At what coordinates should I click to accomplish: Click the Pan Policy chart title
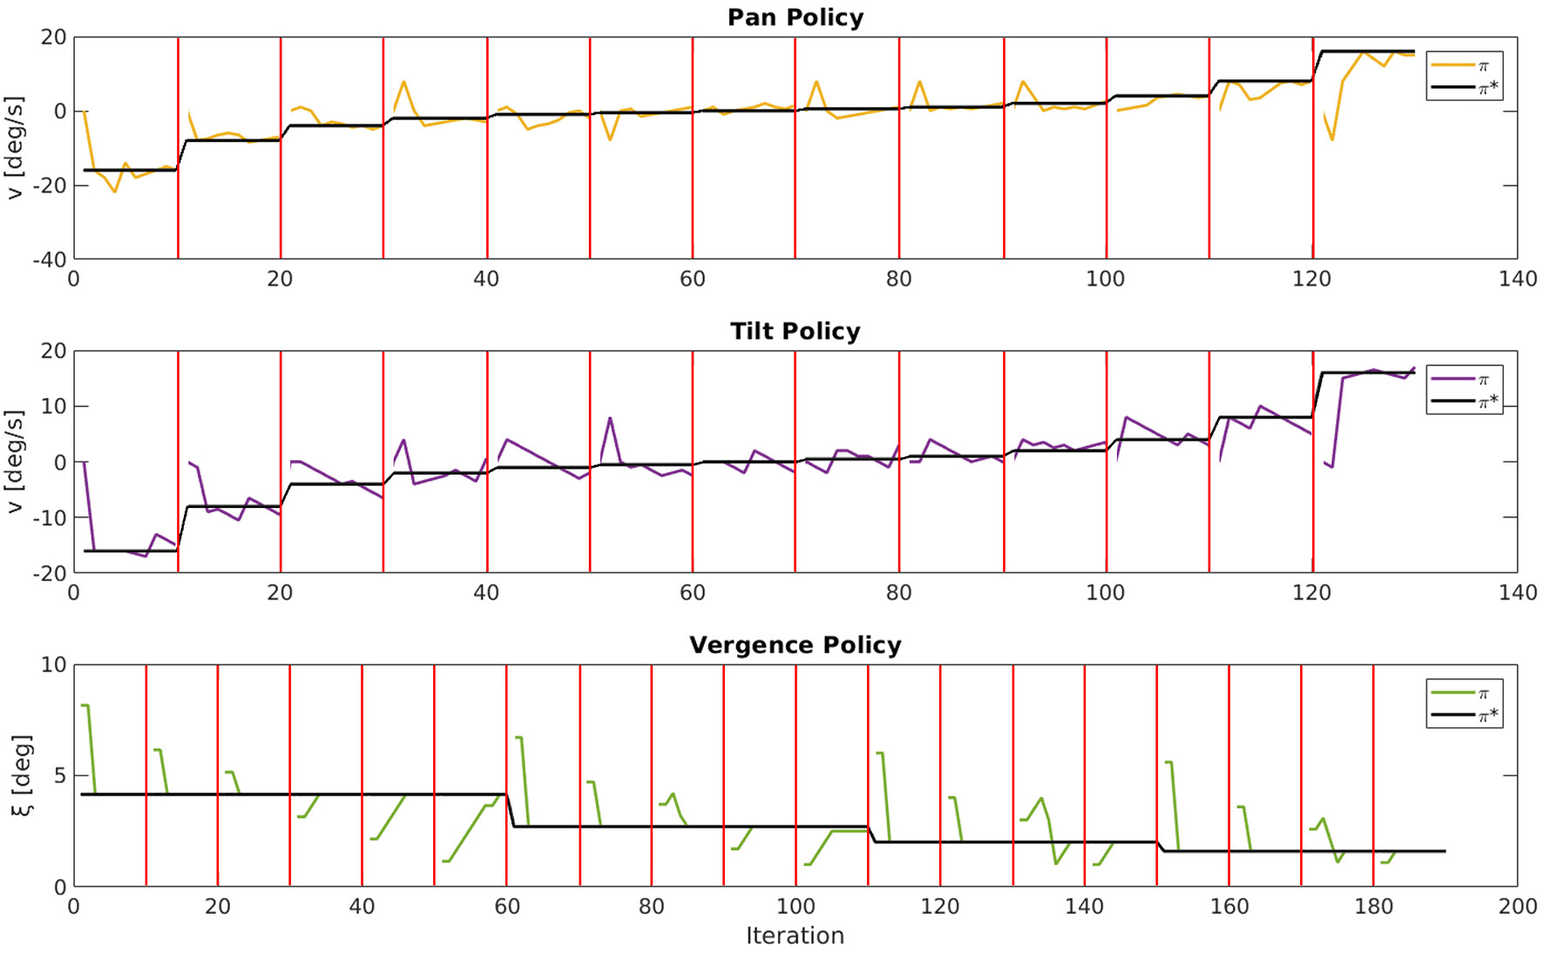(795, 17)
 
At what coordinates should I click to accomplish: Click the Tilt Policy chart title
(795, 331)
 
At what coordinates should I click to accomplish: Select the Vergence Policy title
(795, 645)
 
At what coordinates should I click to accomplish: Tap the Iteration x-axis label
(795, 936)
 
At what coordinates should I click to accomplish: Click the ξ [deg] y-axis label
(22, 775)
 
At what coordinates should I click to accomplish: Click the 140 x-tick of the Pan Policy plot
(1517, 279)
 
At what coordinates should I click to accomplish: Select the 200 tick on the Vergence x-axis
(1517, 906)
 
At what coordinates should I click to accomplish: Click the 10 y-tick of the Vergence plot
(53, 665)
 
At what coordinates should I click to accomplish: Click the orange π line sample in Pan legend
(1452, 65)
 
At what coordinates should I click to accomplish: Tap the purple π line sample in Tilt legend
(1452, 379)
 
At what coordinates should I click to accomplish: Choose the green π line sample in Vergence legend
(1452, 693)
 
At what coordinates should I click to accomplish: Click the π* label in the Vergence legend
(1488, 715)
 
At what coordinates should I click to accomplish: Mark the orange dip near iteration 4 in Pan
(114, 192)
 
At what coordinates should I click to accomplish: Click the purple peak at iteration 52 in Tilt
(610, 418)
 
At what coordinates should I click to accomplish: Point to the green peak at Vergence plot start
(85, 705)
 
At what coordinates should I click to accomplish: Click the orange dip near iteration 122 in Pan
(1332, 139)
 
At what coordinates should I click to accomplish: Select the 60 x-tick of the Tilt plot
(692, 592)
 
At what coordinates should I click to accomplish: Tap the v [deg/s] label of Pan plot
(15, 148)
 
